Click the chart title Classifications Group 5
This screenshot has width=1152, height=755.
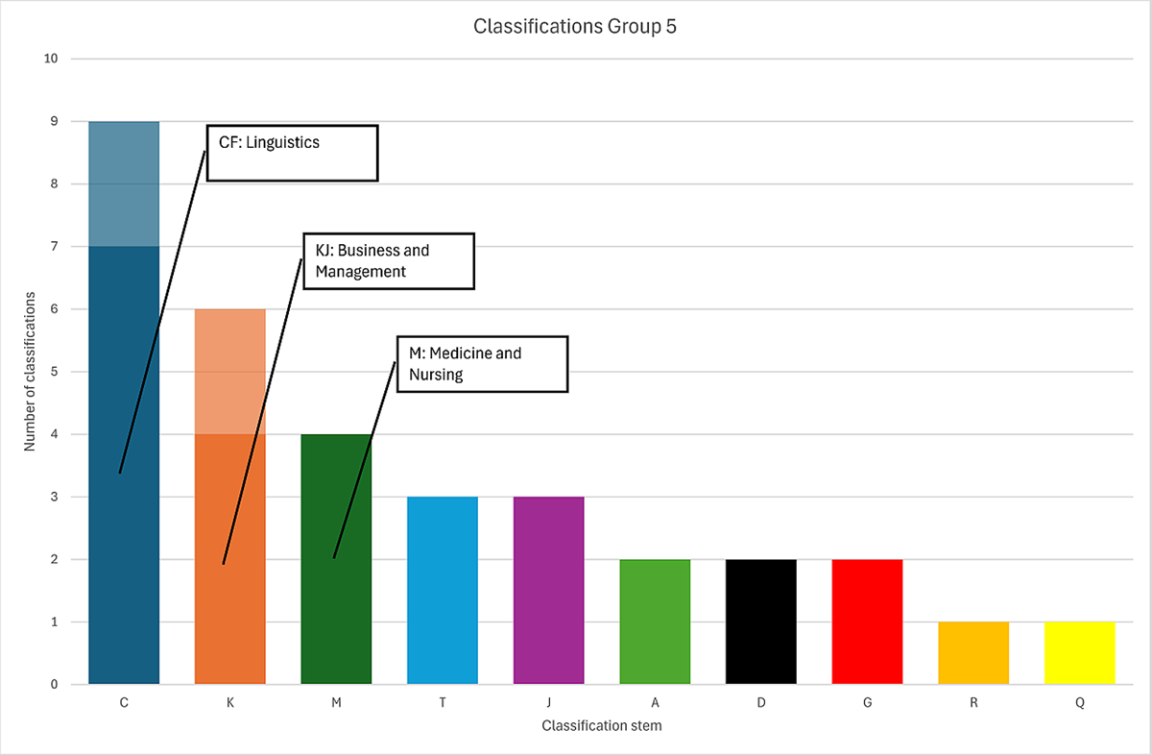pos(575,26)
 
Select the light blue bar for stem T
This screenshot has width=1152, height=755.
pos(443,591)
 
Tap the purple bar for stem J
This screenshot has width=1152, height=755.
pos(548,591)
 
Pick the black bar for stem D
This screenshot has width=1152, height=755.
pos(760,621)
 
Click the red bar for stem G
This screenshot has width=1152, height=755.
pos(867,621)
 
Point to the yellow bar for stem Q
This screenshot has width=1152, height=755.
pos(1079,653)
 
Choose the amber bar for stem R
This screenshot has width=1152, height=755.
pos(973,653)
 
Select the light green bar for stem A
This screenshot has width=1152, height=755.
pos(655,621)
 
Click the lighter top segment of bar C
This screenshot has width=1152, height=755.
pos(124,183)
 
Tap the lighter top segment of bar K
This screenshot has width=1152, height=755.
pos(230,371)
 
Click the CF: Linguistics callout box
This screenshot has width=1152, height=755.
pos(292,152)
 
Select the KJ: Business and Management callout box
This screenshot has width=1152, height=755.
pos(388,260)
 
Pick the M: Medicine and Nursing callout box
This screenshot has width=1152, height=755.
pos(482,363)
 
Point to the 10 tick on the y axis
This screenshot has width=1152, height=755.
pos(50,59)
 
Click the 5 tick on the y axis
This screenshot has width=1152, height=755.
pos(53,372)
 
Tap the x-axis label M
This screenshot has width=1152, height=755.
pos(336,703)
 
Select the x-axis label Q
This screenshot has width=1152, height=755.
pos(1079,703)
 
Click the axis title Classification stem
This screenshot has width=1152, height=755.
pos(601,726)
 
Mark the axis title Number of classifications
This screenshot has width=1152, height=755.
pos(30,371)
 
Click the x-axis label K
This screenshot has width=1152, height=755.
pos(230,703)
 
